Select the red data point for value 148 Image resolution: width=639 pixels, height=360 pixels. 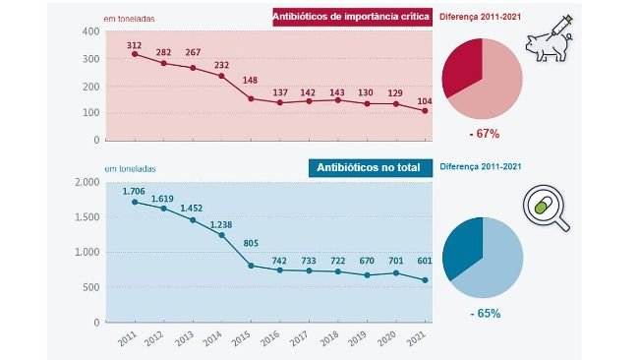coord(250,98)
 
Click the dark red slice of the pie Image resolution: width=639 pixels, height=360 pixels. coord(464,67)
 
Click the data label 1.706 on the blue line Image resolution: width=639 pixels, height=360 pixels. coord(135,192)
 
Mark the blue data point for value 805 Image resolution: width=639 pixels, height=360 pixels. coord(250,266)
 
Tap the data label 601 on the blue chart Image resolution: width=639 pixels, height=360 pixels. coord(423,262)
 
